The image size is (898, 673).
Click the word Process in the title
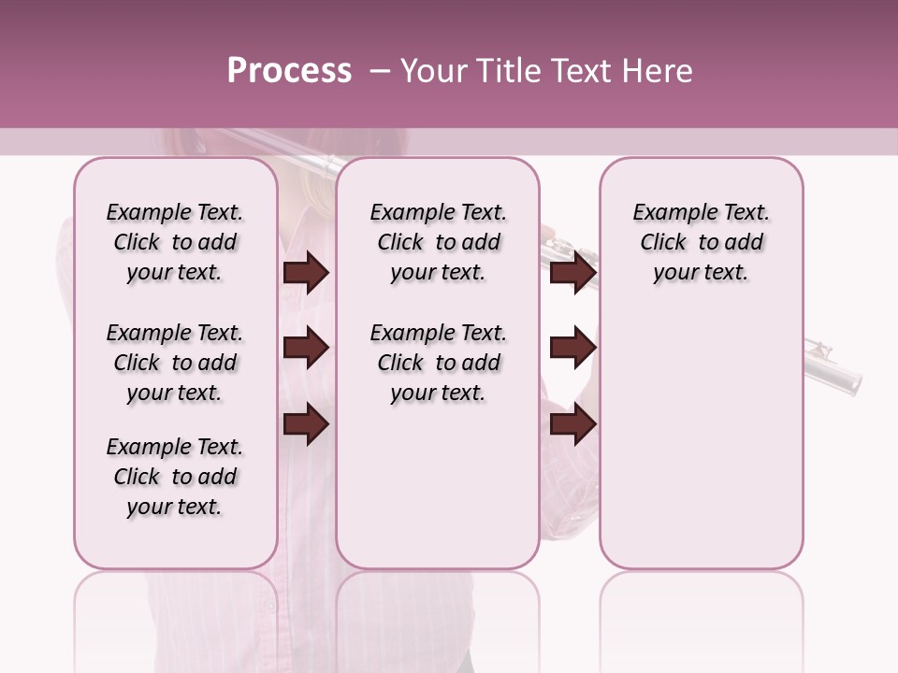click(289, 71)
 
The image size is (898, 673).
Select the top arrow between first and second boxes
click(306, 272)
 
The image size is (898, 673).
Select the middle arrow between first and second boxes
click(306, 348)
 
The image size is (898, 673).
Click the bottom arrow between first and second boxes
click(306, 423)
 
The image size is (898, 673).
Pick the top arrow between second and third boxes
click(572, 272)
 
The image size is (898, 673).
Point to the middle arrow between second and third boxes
click(572, 348)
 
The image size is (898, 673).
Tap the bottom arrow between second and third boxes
click(572, 423)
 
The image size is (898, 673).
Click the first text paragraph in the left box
click(175, 242)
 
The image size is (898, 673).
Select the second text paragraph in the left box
click(175, 363)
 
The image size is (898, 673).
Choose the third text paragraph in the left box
click(175, 477)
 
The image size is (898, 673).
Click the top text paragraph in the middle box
click(438, 242)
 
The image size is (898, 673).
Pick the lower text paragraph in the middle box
click(438, 363)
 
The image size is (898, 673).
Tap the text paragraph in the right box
click(701, 242)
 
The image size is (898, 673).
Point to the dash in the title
click(379, 71)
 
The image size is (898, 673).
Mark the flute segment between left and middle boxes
click(306, 165)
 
